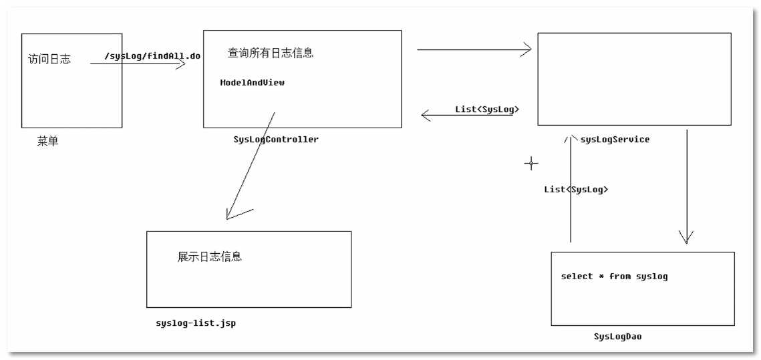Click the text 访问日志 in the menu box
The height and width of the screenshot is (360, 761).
pos(49,59)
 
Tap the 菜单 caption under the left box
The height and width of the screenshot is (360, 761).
pos(47,142)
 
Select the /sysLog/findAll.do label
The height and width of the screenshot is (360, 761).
pos(152,55)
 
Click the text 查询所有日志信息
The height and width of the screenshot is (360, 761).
pos(271,53)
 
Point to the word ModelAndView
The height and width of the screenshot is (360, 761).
pos(253,83)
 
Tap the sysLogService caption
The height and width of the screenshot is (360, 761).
pos(615,140)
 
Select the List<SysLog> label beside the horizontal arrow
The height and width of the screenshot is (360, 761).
pos(487,109)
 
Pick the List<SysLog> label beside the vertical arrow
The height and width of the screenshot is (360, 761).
pos(576,189)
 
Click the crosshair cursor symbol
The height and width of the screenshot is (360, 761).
pos(531,162)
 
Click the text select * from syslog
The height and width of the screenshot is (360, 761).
pos(614,276)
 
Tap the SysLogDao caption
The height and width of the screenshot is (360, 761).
pos(617,337)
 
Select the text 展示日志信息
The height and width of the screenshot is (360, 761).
pos(210,256)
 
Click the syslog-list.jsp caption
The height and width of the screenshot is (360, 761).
pos(196,323)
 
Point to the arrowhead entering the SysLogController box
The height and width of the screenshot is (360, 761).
pos(180,64)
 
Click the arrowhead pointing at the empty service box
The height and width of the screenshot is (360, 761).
pos(526,49)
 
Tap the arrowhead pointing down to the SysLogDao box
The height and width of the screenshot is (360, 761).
pos(686,238)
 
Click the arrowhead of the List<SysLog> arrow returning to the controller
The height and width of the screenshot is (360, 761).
pos(425,116)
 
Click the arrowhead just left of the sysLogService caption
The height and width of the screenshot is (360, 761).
pos(570,139)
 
